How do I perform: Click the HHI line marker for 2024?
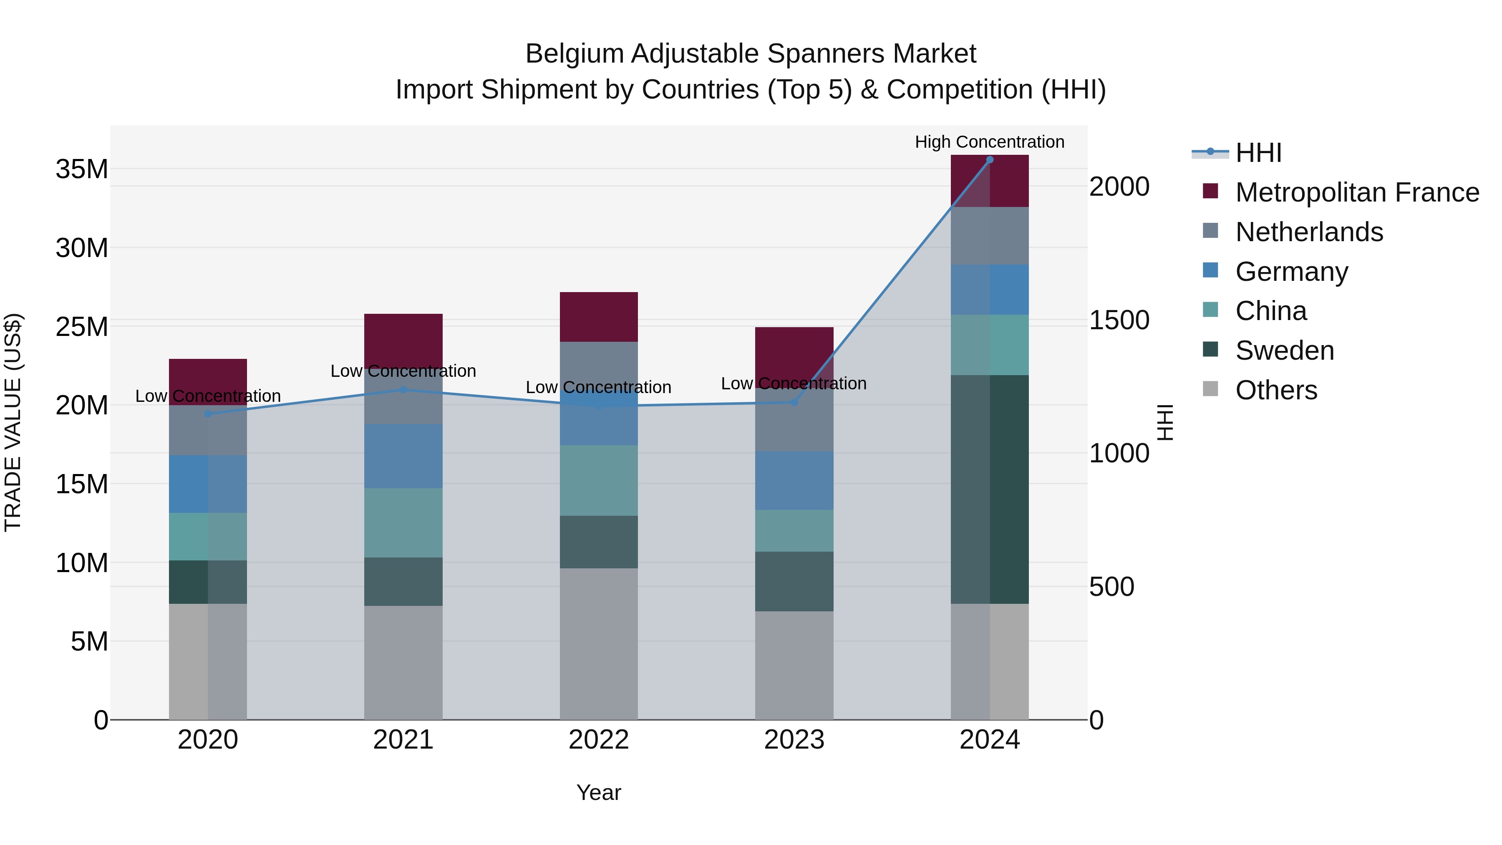tap(990, 160)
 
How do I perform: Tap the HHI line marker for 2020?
tap(208, 414)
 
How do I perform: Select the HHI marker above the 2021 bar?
tap(403, 390)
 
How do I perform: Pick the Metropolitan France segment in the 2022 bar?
tap(599, 317)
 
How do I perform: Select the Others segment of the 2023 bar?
tap(794, 665)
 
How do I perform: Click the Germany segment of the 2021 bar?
tap(403, 456)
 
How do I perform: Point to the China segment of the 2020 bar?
tap(208, 537)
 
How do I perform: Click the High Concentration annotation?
tap(990, 142)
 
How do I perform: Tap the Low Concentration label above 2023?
tap(794, 384)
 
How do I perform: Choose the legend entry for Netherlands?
tap(1309, 232)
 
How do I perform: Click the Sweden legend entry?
tap(1285, 351)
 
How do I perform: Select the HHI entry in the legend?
tap(1258, 153)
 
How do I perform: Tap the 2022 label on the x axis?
tap(599, 740)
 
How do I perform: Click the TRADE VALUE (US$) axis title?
tap(13, 422)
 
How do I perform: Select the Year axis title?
tap(599, 792)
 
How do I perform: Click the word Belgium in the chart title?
tap(575, 54)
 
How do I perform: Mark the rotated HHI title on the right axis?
tap(1164, 422)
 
